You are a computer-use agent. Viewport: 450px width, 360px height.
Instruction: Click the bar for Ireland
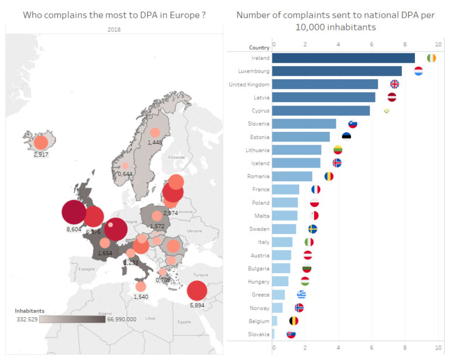coord(343,58)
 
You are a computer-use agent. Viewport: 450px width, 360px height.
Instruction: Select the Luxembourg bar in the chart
coord(337,71)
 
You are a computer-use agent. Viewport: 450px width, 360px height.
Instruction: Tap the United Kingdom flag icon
coord(394,84)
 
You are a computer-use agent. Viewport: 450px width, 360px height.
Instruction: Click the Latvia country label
coord(261,97)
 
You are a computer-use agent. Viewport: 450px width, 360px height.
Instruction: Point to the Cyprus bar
coord(321,110)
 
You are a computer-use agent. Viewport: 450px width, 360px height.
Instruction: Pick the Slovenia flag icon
coord(353,124)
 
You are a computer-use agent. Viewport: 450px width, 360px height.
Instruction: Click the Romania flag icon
coord(329,176)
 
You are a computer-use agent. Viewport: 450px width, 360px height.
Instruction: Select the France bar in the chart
coord(286,189)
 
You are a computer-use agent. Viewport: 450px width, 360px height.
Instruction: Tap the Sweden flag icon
coord(313,229)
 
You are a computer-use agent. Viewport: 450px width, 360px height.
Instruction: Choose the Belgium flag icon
coord(294,321)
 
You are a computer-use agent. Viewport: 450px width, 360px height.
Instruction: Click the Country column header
coord(259,47)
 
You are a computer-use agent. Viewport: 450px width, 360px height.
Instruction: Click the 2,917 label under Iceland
coord(41,155)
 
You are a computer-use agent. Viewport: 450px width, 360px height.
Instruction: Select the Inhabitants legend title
coord(29,311)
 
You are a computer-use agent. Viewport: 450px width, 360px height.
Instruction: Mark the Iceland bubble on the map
coord(41,142)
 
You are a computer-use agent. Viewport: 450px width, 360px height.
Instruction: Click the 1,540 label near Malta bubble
coord(141,297)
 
